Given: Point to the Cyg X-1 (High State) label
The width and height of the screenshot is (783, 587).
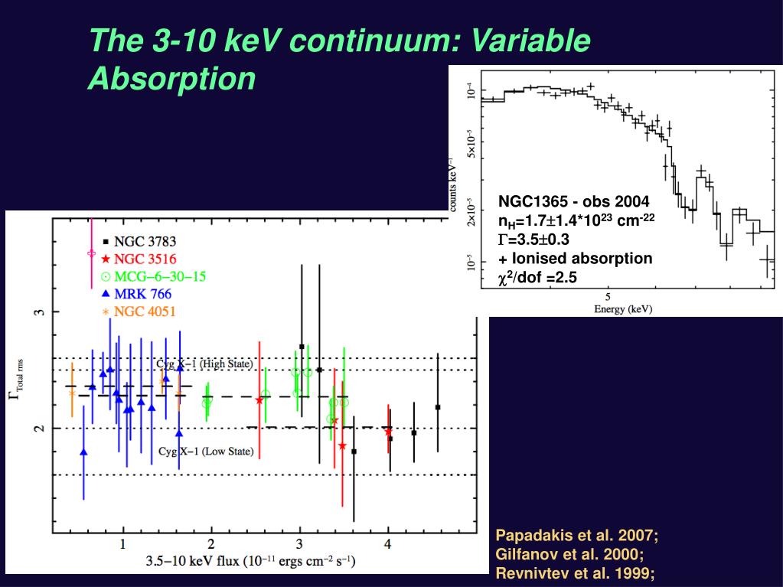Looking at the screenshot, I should pyautogui.click(x=204, y=364).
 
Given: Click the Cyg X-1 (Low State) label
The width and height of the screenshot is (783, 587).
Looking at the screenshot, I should pyautogui.click(x=205, y=451).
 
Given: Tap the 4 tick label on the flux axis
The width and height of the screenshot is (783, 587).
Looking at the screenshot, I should pyautogui.click(x=388, y=544).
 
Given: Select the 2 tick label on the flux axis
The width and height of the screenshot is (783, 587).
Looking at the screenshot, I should pyautogui.click(x=210, y=544).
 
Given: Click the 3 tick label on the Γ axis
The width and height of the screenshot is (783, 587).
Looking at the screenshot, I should pyautogui.click(x=43, y=311).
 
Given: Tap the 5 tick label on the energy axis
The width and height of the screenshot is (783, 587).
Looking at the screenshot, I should pyautogui.click(x=608, y=296).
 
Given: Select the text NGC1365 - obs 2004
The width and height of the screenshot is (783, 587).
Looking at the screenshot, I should pyautogui.click(x=574, y=202).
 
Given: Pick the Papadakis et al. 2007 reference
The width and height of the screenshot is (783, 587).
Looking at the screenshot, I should pyautogui.click(x=577, y=536).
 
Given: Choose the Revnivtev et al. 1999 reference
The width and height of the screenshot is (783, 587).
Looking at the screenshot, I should pyautogui.click(x=575, y=574).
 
